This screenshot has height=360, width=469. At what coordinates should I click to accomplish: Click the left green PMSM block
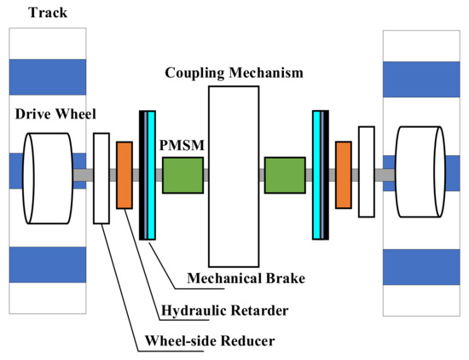pos(182,175)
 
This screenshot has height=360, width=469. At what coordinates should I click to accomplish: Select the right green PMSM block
pos(284,175)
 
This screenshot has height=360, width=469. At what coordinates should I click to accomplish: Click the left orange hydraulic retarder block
pos(124,175)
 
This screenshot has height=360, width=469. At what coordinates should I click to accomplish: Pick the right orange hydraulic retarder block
pos(344,175)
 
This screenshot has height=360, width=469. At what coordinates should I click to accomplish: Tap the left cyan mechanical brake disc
pos(149,175)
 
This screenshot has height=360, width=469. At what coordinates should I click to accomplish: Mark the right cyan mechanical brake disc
pos(320,175)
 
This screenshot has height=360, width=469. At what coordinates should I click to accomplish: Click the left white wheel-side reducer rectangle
pos(101,178)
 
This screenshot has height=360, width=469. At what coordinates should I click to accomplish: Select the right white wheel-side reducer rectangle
pos(367,171)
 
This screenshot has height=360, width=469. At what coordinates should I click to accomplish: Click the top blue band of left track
pos(47,77)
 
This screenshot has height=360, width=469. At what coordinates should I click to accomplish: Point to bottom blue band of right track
pos(421,266)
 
